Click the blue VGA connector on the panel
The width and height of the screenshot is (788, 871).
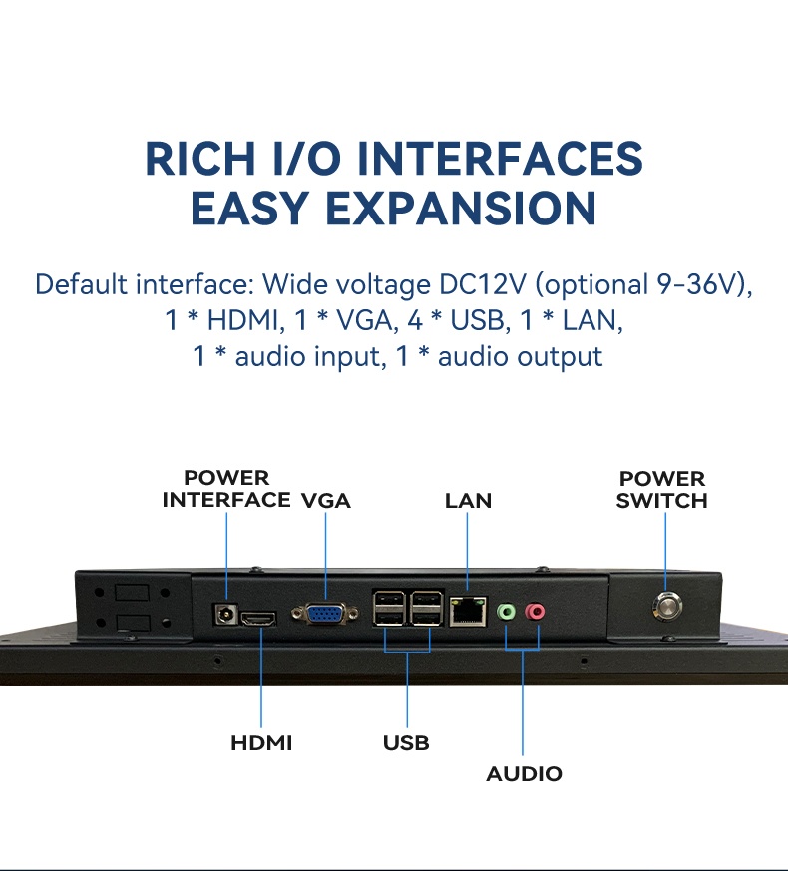pos(325,614)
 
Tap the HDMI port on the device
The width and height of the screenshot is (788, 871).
pos(259,619)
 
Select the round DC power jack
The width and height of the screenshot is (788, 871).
pos(226,615)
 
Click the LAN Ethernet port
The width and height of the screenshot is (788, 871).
pos(468,611)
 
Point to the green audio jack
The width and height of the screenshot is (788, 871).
pos(506,612)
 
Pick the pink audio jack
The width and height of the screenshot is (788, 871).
pos(535,612)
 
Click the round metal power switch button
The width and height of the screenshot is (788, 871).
pos(667,606)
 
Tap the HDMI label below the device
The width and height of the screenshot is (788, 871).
pos(261,742)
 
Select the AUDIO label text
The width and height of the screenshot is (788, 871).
pos(524,774)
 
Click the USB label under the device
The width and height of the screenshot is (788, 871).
pos(406,742)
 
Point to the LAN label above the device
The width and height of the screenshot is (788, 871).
pos(468,501)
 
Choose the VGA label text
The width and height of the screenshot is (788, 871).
pos(326,501)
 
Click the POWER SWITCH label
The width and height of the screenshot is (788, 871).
pos(662,490)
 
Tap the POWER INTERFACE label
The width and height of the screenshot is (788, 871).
pos(226,489)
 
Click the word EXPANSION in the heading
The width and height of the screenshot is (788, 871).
pos(461,209)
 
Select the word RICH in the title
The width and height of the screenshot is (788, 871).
pos(199,159)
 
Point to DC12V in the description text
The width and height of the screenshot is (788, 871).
pos(482,284)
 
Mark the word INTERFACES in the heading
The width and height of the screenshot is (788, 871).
pos(500,159)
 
